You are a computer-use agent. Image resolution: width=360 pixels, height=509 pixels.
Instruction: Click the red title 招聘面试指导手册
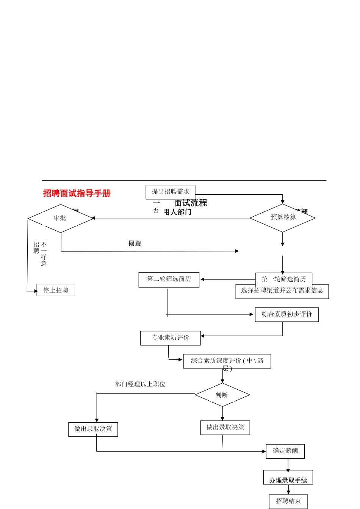[x=77, y=193]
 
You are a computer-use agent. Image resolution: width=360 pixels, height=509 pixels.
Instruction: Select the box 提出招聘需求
[x=170, y=192]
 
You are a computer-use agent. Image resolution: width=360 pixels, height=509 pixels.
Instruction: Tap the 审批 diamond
[x=60, y=218]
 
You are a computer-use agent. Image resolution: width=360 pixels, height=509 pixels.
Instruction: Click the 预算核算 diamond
[x=283, y=217]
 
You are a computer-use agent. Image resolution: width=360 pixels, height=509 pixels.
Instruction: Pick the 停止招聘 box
[x=56, y=290]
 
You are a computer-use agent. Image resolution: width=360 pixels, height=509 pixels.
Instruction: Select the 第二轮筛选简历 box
[x=169, y=279]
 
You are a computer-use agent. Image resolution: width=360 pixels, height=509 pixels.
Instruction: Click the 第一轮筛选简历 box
[x=283, y=279]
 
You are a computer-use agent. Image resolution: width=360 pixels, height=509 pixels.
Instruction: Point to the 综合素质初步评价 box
[x=286, y=314]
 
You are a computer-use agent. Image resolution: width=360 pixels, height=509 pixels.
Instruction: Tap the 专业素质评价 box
[x=170, y=338]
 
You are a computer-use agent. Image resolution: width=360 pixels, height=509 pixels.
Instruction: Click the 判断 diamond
[x=222, y=395]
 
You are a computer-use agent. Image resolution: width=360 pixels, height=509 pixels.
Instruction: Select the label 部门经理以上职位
[x=140, y=384]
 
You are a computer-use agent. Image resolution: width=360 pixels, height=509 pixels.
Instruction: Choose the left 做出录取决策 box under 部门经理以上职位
[x=93, y=429]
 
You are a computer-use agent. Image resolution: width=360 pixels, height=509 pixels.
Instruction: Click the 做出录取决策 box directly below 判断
[x=225, y=428]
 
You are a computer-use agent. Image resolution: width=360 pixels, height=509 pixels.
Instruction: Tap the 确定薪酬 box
[x=285, y=451]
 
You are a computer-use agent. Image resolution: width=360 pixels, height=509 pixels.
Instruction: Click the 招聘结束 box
[x=288, y=501]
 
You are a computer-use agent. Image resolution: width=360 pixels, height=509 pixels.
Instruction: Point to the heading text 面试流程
[x=191, y=203]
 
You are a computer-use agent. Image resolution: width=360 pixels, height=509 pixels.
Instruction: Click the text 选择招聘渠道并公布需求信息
[x=282, y=291]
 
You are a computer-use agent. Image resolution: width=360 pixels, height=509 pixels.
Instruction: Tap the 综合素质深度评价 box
[x=227, y=361]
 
